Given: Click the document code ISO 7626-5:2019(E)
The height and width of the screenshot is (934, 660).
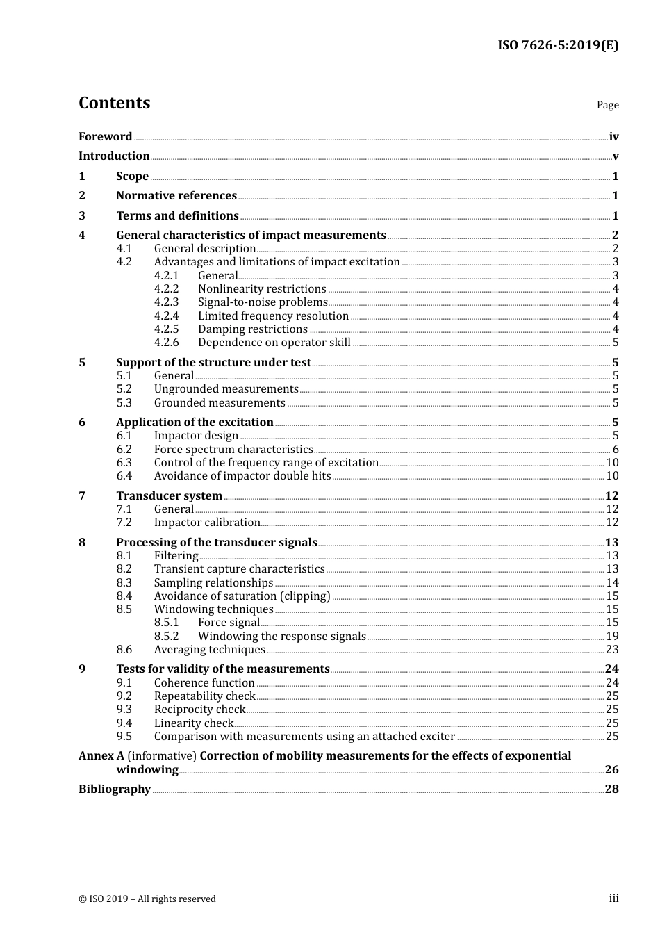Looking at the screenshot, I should click(x=557, y=46).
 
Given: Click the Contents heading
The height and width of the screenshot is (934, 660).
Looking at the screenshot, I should click(x=114, y=103).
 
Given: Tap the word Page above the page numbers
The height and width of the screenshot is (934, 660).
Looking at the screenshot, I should click(x=607, y=105).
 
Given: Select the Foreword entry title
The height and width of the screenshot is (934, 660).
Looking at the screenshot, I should click(x=105, y=137).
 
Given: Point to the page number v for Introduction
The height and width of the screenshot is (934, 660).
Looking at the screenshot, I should click(x=615, y=156).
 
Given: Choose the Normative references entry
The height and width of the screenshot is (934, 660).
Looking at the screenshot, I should click(x=176, y=196).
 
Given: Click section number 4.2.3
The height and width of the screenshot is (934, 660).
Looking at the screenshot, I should click(x=166, y=302).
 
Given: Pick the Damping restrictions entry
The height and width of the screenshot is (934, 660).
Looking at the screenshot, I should click(x=252, y=329).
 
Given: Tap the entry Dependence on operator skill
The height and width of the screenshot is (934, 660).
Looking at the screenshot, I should click(x=274, y=343).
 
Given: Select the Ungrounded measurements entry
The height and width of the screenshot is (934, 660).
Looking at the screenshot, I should click(x=226, y=389).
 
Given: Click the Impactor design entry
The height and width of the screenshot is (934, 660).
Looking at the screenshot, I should click(x=196, y=436).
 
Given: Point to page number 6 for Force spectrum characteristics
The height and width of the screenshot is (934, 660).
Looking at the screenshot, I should click(x=615, y=450).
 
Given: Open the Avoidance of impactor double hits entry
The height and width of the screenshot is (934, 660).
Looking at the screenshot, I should click(x=242, y=476).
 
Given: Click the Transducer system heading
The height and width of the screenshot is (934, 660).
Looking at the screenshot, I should click(x=169, y=496).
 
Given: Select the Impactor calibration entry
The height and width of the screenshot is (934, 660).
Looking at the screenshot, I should click(x=207, y=523).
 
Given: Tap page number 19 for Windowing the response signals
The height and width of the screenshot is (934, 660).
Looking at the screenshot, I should click(x=612, y=637).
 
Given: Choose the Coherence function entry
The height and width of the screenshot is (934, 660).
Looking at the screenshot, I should click(x=204, y=683).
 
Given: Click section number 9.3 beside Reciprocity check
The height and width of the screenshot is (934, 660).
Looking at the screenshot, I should click(x=124, y=710).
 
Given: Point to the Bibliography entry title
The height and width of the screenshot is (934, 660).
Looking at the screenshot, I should click(x=115, y=789).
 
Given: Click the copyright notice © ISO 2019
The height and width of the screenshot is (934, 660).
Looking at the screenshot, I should click(x=147, y=899).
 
